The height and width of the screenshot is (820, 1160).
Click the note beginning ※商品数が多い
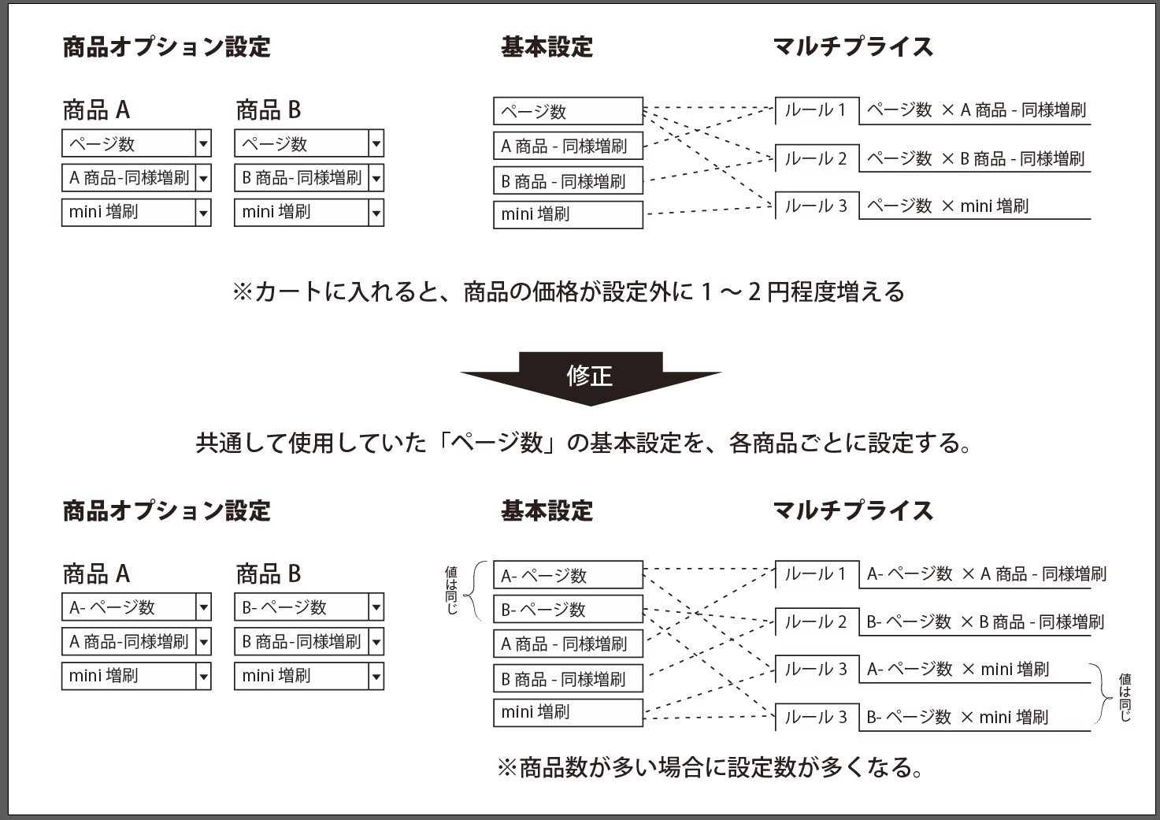click(x=710, y=768)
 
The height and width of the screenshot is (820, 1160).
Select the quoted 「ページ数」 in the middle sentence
click(x=497, y=443)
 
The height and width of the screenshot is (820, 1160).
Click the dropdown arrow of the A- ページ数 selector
click(x=203, y=607)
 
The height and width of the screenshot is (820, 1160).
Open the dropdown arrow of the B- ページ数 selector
click(x=376, y=607)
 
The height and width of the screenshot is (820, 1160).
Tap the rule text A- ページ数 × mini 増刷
click(x=958, y=670)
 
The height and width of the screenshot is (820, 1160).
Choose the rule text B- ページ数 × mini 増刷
click(x=958, y=718)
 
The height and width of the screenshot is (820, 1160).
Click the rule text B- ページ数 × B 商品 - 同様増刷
click(x=985, y=621)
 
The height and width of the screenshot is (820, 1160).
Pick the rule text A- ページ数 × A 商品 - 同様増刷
click(x=987, y=574)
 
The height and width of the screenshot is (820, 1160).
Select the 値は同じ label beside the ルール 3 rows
click(x=1125, y=697)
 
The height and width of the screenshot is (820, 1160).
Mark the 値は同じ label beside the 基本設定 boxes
click(x=451, y=590)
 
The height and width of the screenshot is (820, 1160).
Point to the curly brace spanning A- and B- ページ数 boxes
click(x=475, y=591)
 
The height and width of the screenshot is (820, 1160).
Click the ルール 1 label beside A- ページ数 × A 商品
click(x=815, y=574)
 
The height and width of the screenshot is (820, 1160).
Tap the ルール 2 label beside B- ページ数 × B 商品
click(x=815, y=621)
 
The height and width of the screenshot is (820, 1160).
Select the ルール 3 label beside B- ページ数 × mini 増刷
click(x=815, y=718)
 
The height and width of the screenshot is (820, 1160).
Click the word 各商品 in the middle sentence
click(x=763, y=443)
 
